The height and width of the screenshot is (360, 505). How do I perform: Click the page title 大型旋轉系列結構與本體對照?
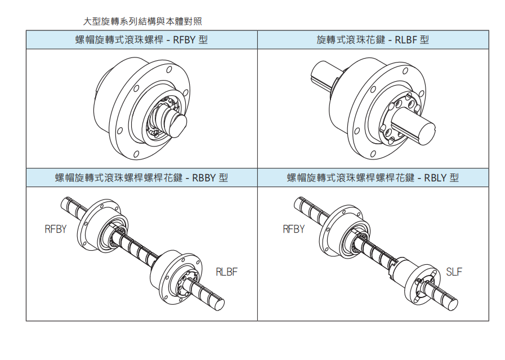point(142,22)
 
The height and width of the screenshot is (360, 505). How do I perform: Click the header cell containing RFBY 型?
point(141,40)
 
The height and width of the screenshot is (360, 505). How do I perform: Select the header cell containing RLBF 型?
point(373,40)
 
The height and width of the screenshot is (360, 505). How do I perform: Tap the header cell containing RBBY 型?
point(141,178)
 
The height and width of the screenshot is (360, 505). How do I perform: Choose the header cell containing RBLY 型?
point(373,178)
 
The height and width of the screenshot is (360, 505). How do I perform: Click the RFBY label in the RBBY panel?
point(56,229)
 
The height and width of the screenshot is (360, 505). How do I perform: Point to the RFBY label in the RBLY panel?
point(293,229)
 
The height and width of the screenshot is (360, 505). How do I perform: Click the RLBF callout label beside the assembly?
point(227,272)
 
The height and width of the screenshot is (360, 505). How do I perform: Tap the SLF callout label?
point(454,272)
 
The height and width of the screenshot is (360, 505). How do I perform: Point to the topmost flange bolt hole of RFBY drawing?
point(168,70)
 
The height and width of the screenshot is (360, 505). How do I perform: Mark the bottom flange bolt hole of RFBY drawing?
point(136,154)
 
